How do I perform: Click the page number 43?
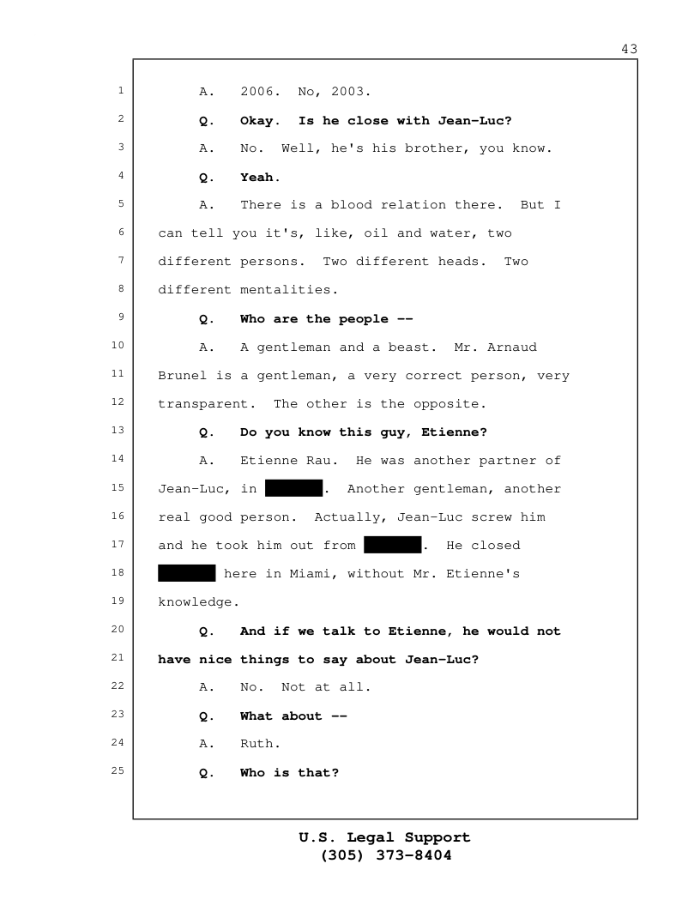629,49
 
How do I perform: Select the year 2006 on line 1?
256,91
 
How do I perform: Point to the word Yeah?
260,178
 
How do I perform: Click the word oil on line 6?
376,233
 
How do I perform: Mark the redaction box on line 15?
293,488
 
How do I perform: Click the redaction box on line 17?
392,545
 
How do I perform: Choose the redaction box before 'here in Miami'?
186,573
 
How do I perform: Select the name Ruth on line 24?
256,744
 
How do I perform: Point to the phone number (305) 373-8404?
385,855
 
